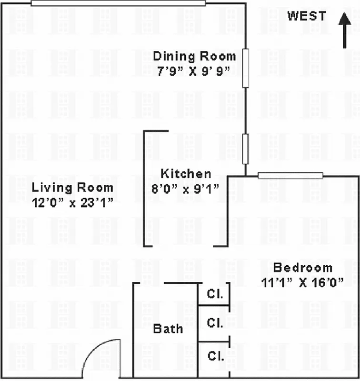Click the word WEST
coord(307,16)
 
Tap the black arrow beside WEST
coord(344,30)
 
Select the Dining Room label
coord(194,56)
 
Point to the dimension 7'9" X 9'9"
coord(194,71)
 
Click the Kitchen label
coord(185,174)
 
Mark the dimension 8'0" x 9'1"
coord(185,188)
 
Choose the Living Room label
coord(72,187)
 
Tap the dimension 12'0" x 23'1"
coord(72,202)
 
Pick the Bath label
coord(168,329)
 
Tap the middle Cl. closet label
coord(214,323)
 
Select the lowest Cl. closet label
coord(214,355)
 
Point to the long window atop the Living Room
coord(118,3)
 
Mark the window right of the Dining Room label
coord(246,68)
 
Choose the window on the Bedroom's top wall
coord(290,176)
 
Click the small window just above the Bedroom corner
coord(246,149)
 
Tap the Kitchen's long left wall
coord(145,188)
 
